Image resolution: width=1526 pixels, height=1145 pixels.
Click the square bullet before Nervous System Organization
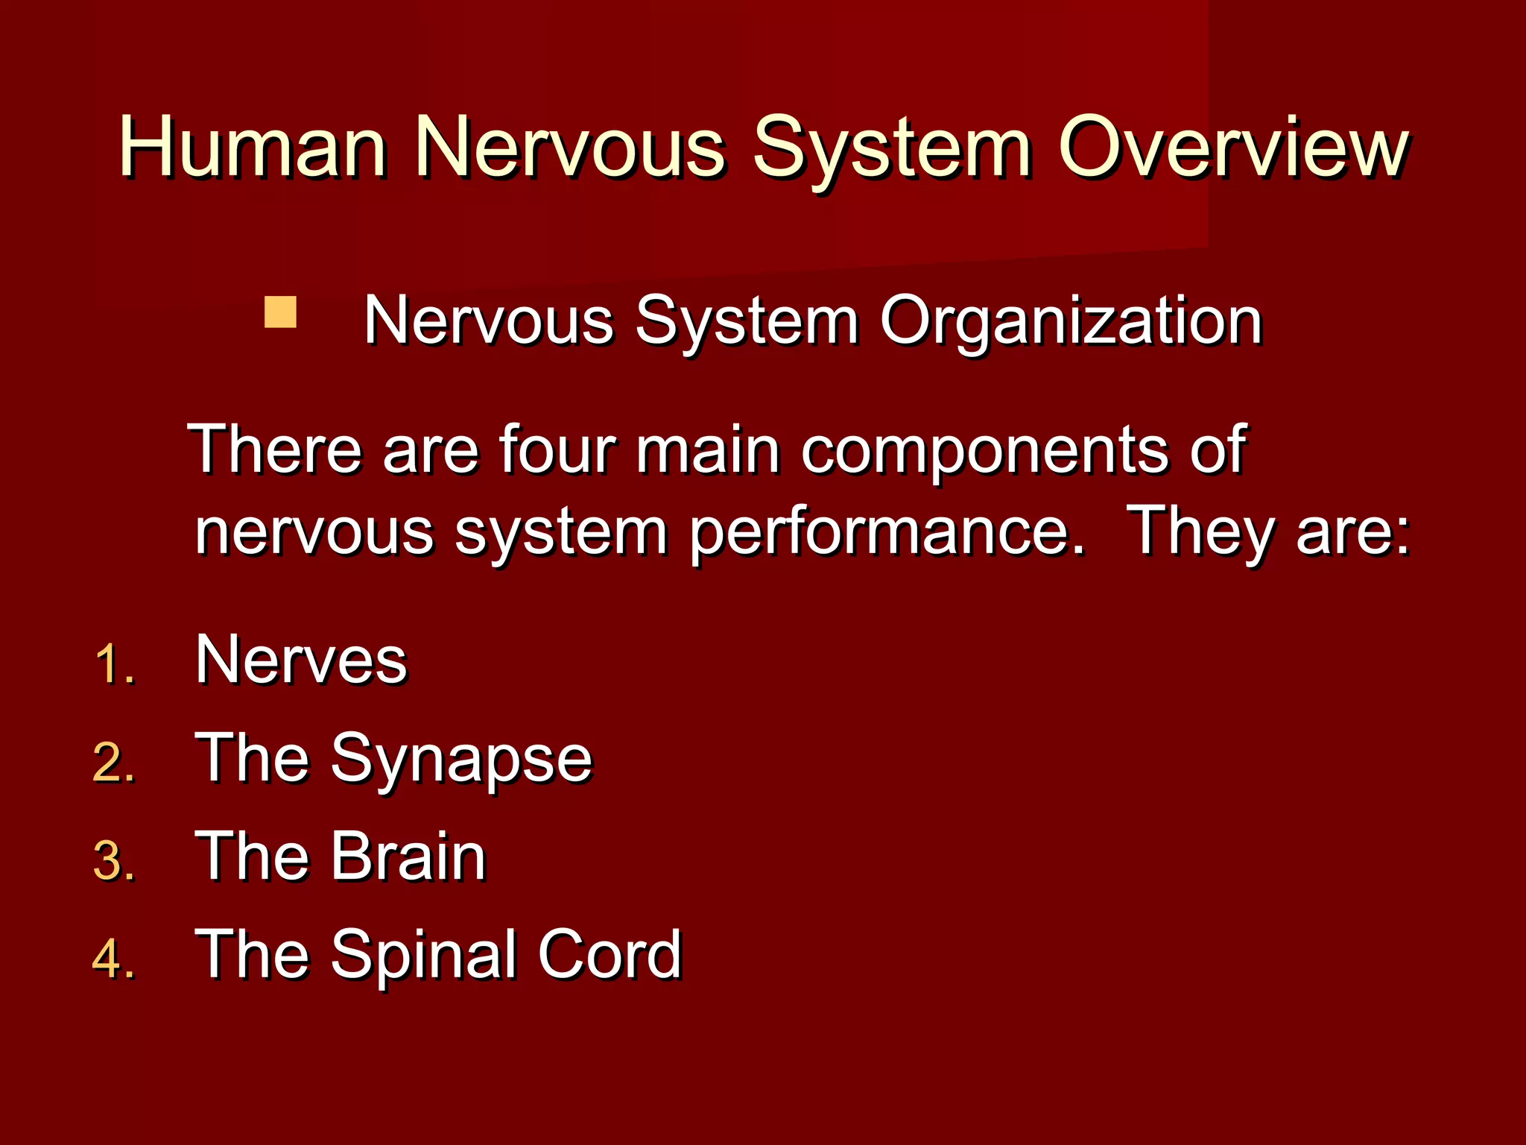(281, 312)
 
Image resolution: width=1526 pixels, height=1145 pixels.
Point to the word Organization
(1071, 322)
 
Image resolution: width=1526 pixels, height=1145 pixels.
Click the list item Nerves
(301, 660)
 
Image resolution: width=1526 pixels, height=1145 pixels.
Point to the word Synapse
(461, 760)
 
